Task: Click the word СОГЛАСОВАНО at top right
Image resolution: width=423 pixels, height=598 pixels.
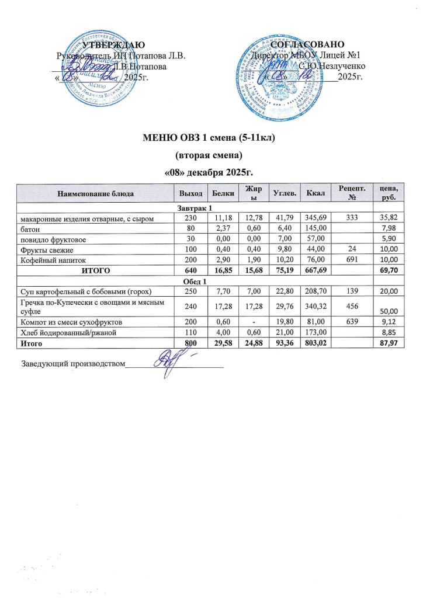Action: [x=310, y=45]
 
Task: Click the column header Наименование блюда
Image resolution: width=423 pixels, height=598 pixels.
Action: [x=95, y=192]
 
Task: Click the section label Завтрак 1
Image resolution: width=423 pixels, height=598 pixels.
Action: [x=193, y=208]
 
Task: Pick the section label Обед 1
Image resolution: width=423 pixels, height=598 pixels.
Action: [x=193, y=282]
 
